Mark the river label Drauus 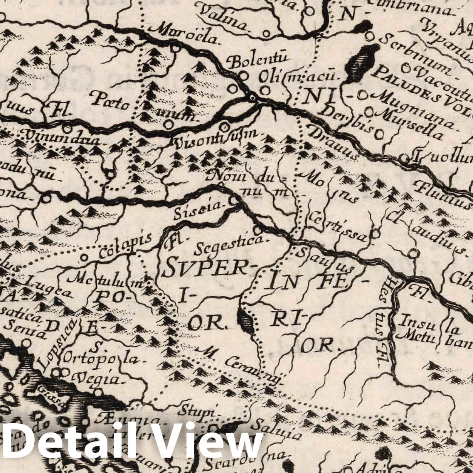pos(333,143)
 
